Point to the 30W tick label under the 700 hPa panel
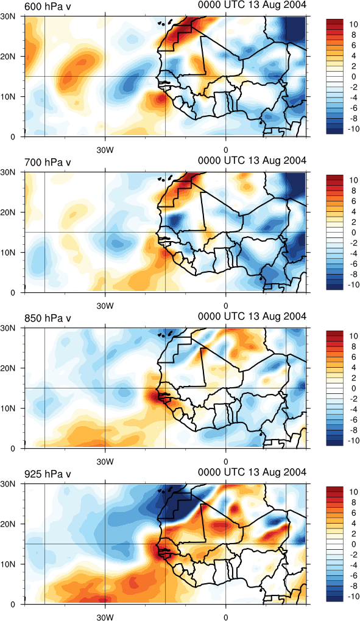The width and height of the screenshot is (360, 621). coord(105,306)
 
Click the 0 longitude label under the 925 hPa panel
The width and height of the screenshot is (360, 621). coord(226,617)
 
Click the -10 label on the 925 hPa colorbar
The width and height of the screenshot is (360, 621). coord(354,597)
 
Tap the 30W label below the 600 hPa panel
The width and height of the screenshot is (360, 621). coord(105,150)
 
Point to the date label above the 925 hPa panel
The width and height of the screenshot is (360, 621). coord(252,472)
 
